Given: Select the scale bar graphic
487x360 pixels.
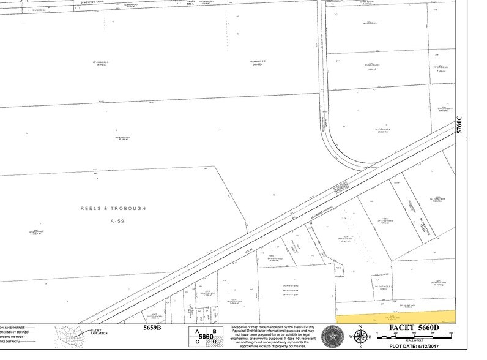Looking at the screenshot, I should [x=422, y=337].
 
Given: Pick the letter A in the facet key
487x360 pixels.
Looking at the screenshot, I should [x=197, y=331].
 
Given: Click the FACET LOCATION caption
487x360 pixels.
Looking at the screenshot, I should [x=99, y=333].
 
